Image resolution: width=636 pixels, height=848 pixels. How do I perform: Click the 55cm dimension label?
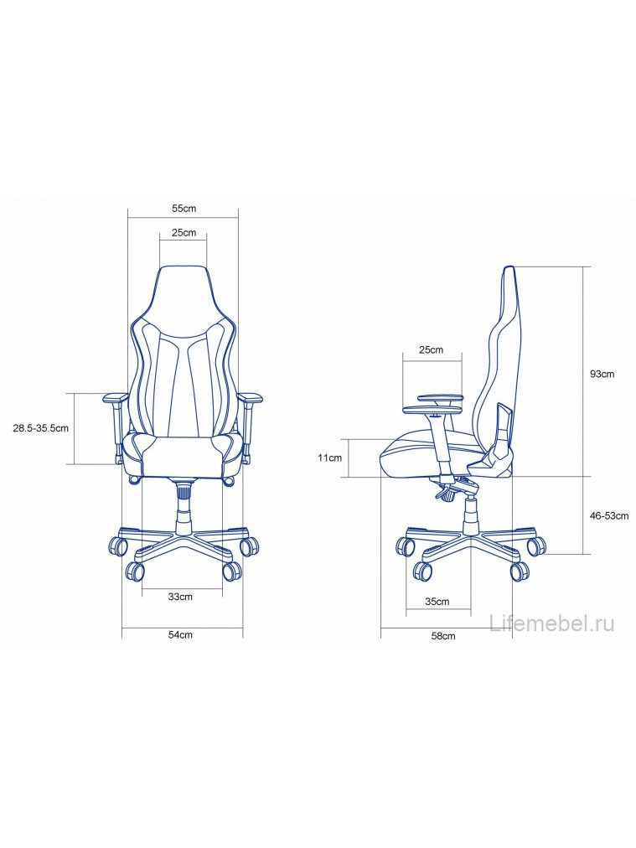pyautogui.click(x=184, y=208)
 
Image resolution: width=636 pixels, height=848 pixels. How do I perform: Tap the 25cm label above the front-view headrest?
pyautogui.click(x=184, y=233)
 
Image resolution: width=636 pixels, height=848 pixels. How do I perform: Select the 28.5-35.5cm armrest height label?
pyautogui.click(x=40, y=428)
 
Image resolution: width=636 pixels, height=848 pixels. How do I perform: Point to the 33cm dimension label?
pyautogui.click(x=180, y=597)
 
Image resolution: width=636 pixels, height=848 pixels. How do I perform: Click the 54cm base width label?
pyautogui.click(x=180, y=634)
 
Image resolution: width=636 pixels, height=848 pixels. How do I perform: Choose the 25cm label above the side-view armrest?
pyautogui.click(x=431, y=349)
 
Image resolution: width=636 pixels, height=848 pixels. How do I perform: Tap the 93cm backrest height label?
pyautogui.click(x=602, y=374)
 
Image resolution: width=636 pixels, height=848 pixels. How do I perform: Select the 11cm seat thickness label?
pyautogui.click(x=330, y=458)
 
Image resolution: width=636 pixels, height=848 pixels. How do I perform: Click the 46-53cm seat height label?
pyautogui.click(x=609, y=515)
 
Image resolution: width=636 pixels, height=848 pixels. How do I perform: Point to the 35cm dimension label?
pyautogui.click(x=437, y=601)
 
